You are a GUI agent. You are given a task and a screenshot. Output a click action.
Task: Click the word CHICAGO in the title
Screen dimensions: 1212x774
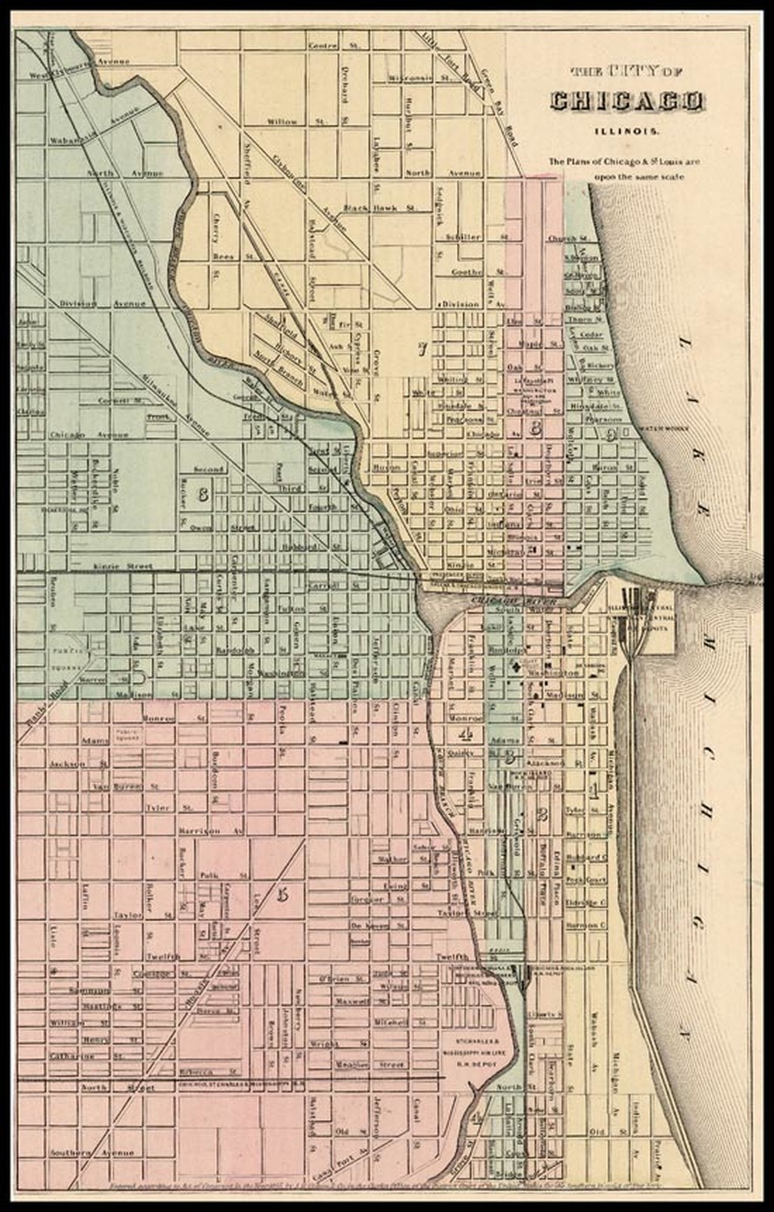tap(627, 102)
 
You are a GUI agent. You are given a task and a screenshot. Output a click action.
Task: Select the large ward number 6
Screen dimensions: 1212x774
tap(202, 496)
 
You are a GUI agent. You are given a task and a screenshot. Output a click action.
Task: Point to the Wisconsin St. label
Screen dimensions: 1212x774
tap(410, 78)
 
